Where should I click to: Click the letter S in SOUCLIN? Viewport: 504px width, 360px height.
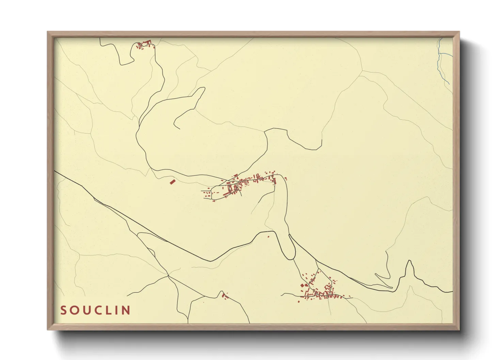pos(63,310)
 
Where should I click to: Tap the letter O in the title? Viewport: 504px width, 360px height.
pos(75,310)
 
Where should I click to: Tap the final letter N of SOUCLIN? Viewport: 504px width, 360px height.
pos(126,310)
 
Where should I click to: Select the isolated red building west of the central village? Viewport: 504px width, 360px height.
pos(172,182)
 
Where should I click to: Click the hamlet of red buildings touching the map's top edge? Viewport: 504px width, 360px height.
pos(145,45)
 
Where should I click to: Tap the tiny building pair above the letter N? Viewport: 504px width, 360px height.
pos(224,296)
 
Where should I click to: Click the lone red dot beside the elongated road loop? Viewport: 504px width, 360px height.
pos(268,236)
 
